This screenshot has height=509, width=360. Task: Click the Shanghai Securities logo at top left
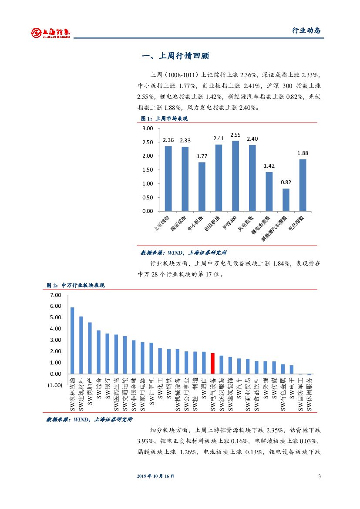click(x=50, y=32)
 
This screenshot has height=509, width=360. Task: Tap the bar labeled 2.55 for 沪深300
click(x=236, y=176)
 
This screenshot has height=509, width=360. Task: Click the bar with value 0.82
click(x=286, y=199)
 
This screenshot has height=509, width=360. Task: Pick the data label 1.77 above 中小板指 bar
click(x=202, y=156)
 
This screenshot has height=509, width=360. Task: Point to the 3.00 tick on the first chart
click(x=148, y=128)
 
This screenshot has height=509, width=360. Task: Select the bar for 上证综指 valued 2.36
click(x=168, y=179)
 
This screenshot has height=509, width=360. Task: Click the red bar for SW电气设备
click(x=212, y=363)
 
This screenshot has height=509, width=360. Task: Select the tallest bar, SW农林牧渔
click(x=72, y=340)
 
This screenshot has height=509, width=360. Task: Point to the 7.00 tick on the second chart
click(x=56, y=295)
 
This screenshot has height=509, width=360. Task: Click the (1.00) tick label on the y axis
click(x=54, y=385)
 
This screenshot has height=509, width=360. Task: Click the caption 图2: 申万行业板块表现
click(x=76, y=285)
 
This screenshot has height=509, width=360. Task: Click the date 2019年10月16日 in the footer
click(x=156, y=476)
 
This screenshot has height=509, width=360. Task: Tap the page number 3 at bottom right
click(x=320, y=476)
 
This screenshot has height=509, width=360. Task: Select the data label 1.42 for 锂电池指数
click(x=269, y=166)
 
